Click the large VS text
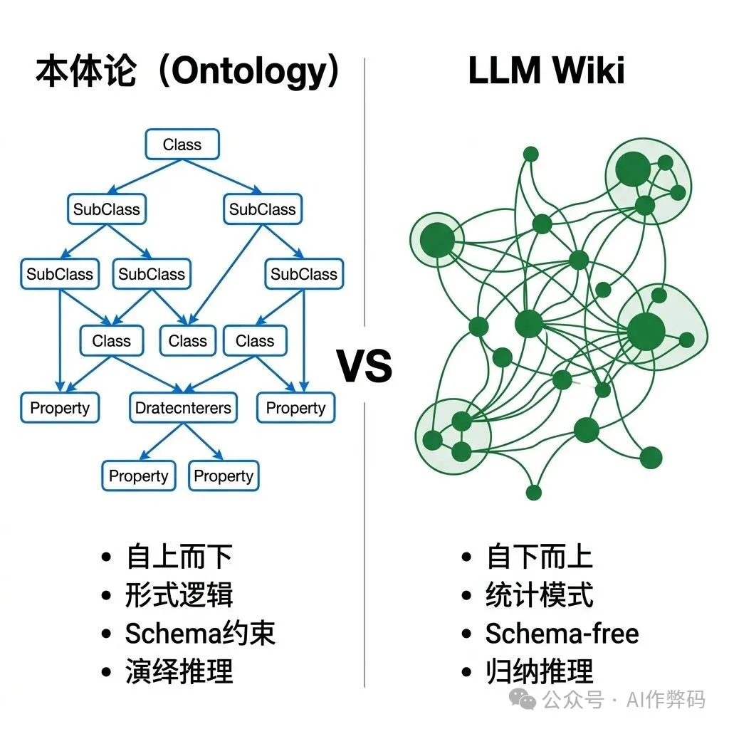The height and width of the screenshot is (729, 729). click(364, 365)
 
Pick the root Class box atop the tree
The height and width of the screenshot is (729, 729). click(182, 145)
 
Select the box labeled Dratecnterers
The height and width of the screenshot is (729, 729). click(184, 408)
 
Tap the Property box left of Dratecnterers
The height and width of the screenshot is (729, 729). click(60, 408)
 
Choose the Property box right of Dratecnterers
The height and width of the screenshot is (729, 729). click(295, 408)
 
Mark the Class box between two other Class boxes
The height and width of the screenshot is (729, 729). click(188, 341)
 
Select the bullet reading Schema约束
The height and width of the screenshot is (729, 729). click(199, 634)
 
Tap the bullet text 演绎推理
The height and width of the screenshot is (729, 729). click(179, 671)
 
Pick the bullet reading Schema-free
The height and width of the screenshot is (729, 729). click(562, 634)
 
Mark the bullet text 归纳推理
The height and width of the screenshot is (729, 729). click(539, 671)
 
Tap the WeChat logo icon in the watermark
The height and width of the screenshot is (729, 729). click(527, 701)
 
